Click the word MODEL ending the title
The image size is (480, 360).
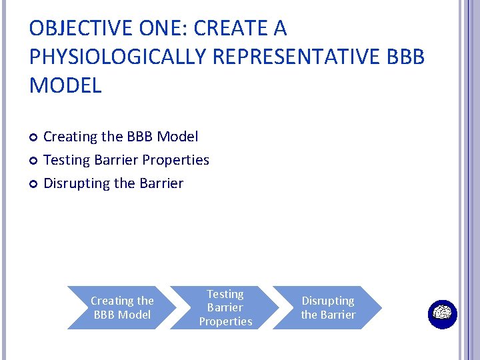pos(65,85)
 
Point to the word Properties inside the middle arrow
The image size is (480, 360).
pos(225,321)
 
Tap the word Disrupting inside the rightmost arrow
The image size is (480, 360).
pos(328,301)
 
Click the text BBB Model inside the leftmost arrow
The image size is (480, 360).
pos(122,315)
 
